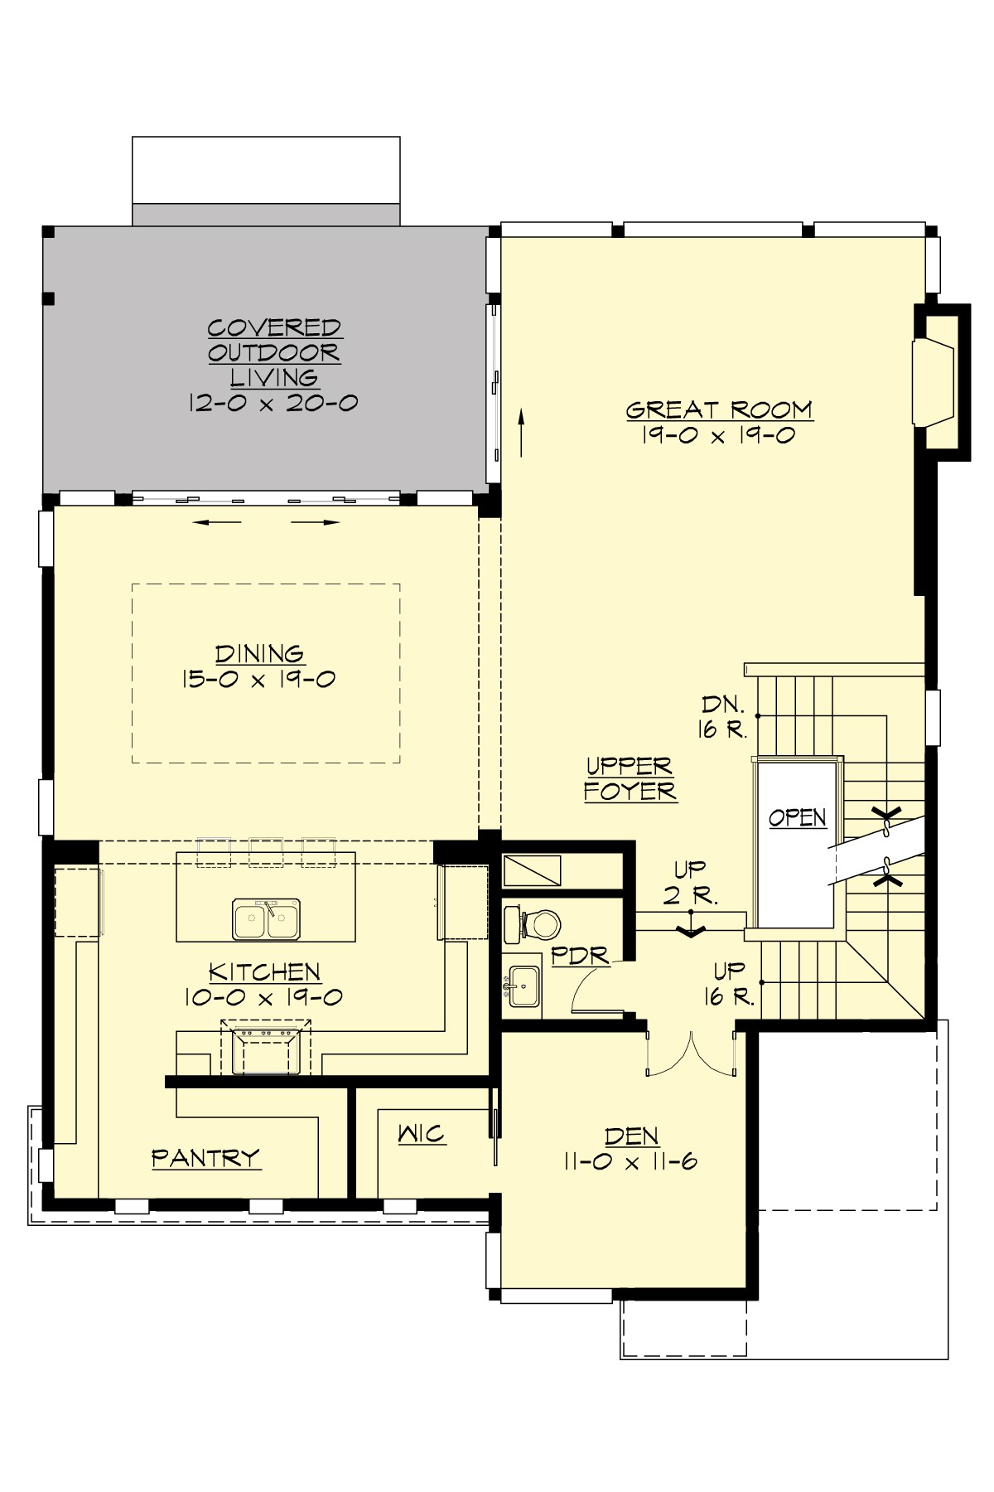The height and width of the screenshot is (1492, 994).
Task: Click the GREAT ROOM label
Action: [719, 409]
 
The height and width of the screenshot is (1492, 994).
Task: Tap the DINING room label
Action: [259, 654]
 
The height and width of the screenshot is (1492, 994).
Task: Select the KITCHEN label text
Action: [264, 971]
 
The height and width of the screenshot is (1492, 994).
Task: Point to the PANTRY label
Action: [206, 1157]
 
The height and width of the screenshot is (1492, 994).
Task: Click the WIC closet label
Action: [422, 1133]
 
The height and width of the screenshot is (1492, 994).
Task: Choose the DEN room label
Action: [631, 1136]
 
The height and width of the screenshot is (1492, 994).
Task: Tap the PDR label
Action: [579, 956]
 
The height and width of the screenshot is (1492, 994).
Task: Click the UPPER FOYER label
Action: [630, 778]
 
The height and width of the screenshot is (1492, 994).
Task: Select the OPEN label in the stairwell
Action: [797, 817]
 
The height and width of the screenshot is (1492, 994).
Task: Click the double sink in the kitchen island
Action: [266, 918]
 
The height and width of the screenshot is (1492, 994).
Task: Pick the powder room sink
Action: [524, 986]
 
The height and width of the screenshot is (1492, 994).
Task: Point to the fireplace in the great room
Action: [934, 382]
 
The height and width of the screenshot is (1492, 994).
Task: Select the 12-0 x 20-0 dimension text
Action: [273, 404]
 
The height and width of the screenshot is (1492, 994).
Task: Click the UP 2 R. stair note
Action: [691, 882]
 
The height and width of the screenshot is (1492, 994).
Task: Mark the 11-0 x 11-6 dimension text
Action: [630, 1161]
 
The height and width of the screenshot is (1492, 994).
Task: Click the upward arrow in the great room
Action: [522, 432]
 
